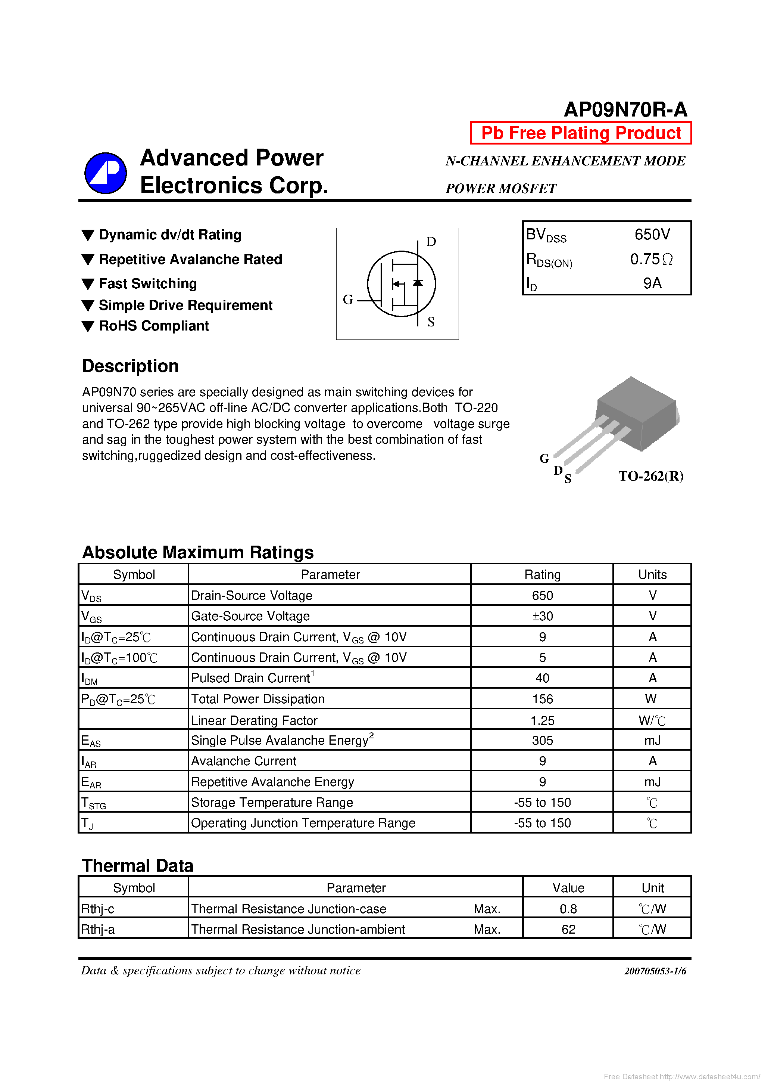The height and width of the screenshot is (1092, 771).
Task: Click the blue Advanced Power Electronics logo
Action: coord(106,173)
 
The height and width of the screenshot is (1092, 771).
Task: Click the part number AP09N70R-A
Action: coord(625,110)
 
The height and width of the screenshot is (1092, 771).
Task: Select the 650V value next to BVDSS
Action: coord(652,235)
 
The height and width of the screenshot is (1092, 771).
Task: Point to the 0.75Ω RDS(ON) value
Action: coord(651,259)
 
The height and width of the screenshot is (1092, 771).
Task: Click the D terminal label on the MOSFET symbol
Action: coord(431,242)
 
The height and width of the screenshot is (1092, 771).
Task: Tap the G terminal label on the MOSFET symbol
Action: coord(348,300)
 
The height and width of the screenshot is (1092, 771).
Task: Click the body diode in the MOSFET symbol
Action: coord(418,283)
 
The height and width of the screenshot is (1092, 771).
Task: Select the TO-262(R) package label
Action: coord(651,476)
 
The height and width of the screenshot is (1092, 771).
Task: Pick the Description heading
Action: coord(130,366)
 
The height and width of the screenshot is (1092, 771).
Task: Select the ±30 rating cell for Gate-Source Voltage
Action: coord(542,616)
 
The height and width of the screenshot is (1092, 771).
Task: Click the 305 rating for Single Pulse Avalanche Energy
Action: coord(542,741)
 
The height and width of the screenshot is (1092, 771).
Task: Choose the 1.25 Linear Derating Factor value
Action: coord(542,720)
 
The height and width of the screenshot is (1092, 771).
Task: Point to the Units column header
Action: coord(652,574)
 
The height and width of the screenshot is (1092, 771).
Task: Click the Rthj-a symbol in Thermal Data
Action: coord(98,929)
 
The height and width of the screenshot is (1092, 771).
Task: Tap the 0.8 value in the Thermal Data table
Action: coord(568,909)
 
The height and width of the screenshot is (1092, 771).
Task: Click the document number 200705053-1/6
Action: coord(655,971)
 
